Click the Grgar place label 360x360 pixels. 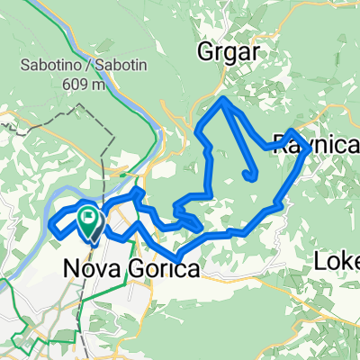point(228,53)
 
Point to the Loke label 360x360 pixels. point(338,260)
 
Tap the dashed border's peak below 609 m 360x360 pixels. point(84,105)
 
